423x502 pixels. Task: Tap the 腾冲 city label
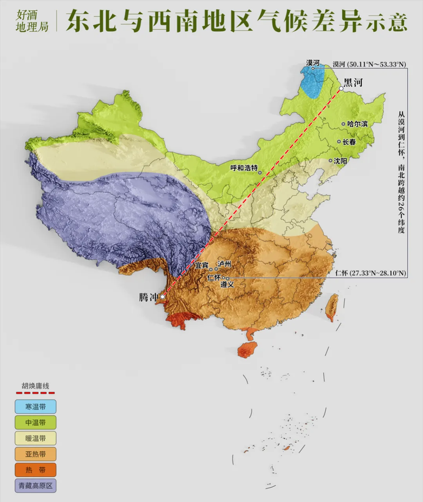tap(149, 297)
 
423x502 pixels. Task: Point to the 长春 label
tap(349, 141)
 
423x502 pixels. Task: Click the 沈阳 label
tap(341, 160)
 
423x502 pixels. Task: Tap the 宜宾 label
tap(202, 264)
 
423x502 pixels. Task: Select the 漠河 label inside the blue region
tap(313, 62)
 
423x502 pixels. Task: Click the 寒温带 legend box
tap(35, 407)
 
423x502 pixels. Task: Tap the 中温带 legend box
tap(35, 423)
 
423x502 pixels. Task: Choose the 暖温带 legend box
tap(35, 438)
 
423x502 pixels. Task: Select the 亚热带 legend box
tap(35, 454)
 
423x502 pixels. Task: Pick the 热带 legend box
tap(35, 469)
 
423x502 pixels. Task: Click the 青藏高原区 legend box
tap(35, 485)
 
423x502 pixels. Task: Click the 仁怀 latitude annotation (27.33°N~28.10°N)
tap(371, 273)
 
